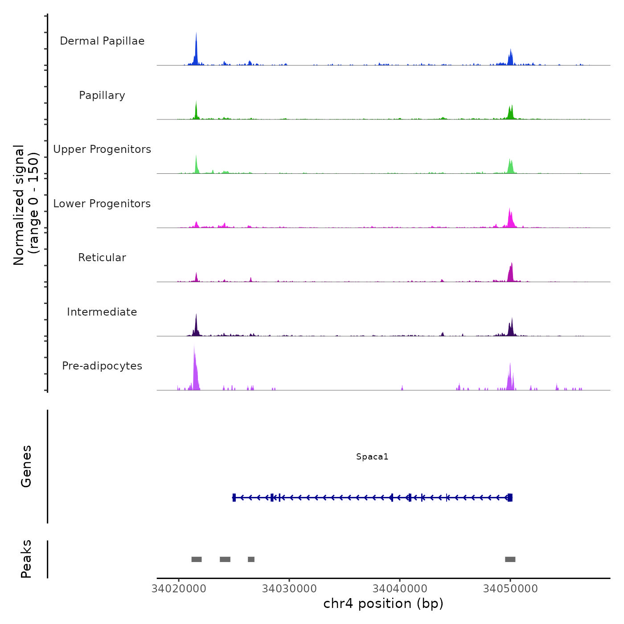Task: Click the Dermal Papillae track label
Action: tap(102, 41)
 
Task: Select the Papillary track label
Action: tap(102, 95)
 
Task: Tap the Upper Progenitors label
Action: tap(102, 149)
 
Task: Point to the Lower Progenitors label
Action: tap(102, 204)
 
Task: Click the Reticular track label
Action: tap(102, 258)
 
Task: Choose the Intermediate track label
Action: tap(102, 312)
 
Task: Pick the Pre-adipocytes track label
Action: tap(102, 366)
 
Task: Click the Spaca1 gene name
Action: tap(372, 456)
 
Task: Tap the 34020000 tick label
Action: tap(179, 589)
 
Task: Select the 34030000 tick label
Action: tap(289, 589)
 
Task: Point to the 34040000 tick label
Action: tap(400, 589)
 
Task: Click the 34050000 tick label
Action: tap(510, 589)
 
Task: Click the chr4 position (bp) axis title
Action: tap(383, 604)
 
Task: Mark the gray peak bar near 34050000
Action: tap(510, 559)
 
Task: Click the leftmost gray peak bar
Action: tap(197, 559)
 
